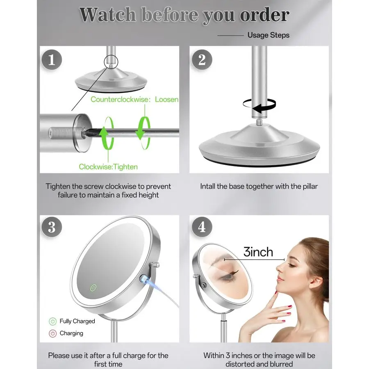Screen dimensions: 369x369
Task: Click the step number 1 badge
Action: click(x=51, y=60)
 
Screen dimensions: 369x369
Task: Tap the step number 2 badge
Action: click(x=202, y=60)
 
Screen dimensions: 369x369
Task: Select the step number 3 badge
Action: click(x=51, y=227)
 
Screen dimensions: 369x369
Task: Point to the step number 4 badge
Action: click(x=202, y=227)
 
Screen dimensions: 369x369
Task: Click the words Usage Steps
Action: click(x=268, y=35)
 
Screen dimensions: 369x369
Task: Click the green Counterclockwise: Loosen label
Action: click(x=134, y=99)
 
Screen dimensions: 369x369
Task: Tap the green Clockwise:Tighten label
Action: click(x=108, y=166)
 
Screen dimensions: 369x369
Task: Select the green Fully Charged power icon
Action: click(x=52, y=321)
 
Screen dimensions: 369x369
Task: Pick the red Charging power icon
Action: click(x=52, y=333)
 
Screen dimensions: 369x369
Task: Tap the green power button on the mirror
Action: click(x=93, y=287)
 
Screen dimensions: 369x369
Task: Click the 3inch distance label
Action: click(x=258, y=251)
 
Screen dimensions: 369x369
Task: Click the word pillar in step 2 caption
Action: click(x=308, y=186)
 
